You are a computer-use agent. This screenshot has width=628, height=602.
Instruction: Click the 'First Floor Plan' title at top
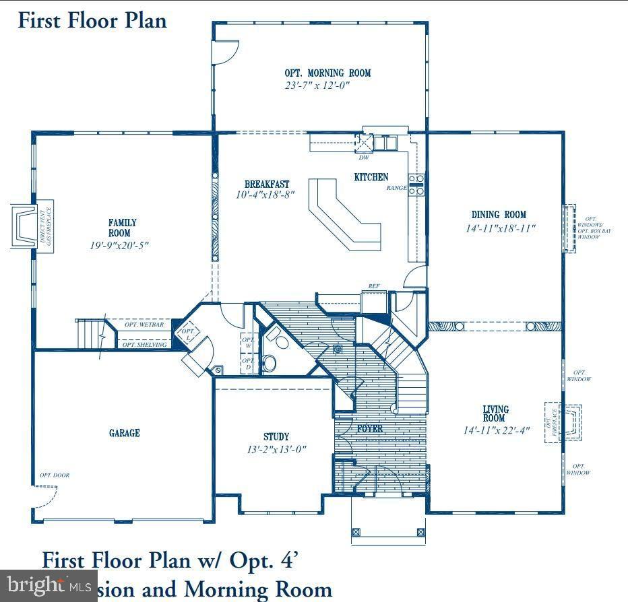pyautogui.click(x=92, y=20)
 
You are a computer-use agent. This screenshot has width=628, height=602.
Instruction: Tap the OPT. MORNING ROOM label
pyautogui.click(x=327, y=73)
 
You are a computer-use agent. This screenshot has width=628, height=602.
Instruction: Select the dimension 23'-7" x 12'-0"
pyautogui.click(x=317, y=86)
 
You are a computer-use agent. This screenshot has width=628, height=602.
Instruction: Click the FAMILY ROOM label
pyautogui.click(x=123, y=228)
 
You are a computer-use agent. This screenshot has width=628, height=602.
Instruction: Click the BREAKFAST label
pyautogui.click(x=267, y=184)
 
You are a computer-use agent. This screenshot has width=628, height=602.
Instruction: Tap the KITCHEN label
pyautogui.click(x=371, y=177)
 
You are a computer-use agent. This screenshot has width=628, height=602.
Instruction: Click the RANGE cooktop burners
pyautogui.click(x=416, y=185)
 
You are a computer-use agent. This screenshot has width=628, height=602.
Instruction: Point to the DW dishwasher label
pyautogui.click(x=364, y=158)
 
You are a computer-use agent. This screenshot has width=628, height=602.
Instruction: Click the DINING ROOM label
pyautogui.click(x=499, y=215)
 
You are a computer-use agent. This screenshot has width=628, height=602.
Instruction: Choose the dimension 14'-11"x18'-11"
pyautogui.click(x=500, y=228)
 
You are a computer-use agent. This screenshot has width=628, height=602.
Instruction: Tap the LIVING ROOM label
pyautogui.click(x=495, y=413)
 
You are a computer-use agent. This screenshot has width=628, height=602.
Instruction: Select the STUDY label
pyautogui.click(x=276, y=436)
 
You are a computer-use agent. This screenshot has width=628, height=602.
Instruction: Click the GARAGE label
pyautogui.click(x=125, y=433)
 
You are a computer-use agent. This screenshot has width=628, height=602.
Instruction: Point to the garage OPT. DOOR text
pyautogui.click(x=54, y=475)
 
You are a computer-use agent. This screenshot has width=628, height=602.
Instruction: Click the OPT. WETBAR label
pyautogui.click(x=144, y=325)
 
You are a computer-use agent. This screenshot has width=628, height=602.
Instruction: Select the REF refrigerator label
pyautogui.click(x=373, y=287)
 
